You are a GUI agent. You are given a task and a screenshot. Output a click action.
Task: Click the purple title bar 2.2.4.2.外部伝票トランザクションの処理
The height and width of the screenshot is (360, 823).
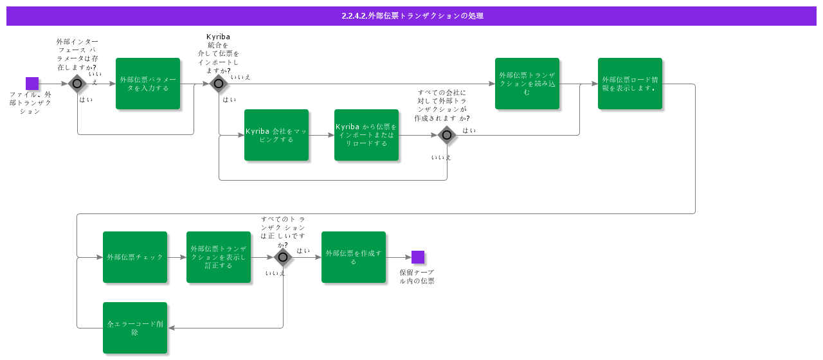coord(411,16)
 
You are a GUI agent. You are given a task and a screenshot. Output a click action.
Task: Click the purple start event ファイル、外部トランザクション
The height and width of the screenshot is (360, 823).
coord(32,84)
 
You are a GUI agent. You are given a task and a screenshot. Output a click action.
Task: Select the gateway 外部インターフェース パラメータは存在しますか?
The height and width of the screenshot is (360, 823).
coord(77,84)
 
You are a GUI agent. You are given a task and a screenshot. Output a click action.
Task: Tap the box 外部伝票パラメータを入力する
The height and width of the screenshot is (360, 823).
coord(148,84)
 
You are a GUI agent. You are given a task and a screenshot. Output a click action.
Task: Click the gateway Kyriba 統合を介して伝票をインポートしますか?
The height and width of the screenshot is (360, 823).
coord(219,84)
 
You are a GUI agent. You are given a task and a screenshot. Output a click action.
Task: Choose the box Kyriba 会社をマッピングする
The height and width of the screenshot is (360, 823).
coord(276,135)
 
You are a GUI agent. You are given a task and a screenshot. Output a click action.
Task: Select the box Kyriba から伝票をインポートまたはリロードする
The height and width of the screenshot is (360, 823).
coord(366,135)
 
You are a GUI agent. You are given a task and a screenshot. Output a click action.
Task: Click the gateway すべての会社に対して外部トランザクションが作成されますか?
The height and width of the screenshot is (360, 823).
coord(447,135)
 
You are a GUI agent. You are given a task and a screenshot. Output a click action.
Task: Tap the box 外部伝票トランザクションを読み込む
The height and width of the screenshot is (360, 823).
coord(527,84)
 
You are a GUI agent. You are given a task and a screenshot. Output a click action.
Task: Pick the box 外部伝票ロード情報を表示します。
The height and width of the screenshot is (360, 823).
coord(630,84)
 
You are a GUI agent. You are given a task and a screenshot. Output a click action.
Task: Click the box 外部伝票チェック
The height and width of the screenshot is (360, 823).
coord(135,257)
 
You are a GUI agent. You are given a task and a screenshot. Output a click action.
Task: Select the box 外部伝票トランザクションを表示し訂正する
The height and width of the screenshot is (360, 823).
coord(219,257)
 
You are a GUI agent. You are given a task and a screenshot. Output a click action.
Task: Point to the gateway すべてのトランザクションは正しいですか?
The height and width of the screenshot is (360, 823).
coord(283,257)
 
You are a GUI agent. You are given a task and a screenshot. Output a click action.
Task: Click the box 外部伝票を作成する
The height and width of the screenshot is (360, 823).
coord(354,257)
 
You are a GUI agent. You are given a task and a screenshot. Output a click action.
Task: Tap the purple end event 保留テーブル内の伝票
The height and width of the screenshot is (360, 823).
coord(418,257)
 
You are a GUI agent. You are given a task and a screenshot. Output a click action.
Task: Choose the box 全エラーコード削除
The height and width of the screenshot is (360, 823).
coord(135,328)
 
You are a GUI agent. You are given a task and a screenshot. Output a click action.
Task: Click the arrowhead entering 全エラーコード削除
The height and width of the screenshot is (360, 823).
coord(171,328)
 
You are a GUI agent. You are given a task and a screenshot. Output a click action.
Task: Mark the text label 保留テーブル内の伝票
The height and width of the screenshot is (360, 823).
coord(417,276)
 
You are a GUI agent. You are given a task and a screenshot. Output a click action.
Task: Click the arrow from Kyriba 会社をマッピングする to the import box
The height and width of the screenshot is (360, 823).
coord(321,135)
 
